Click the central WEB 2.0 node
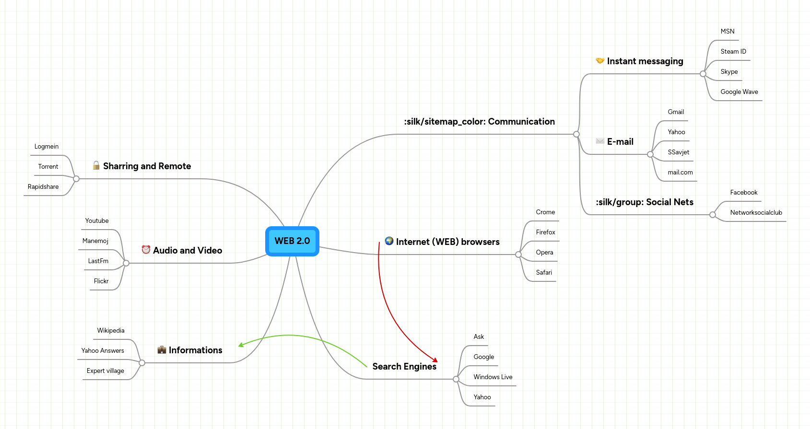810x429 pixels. (292, 241)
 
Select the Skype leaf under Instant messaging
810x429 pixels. (729, 72)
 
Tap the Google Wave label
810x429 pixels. (739, 92)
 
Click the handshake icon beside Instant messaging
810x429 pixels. (600, 61)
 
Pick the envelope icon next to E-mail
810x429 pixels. (600, 141)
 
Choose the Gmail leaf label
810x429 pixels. (676, 112)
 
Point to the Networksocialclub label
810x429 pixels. (756, 213)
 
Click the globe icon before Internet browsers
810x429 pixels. (389, 241)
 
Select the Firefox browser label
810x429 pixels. (545, 232)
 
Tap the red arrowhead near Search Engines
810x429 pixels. (435, 360)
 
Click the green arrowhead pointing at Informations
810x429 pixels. (241, 345)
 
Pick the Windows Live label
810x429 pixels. (493, 377)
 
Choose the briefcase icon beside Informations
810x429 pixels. (162, 350)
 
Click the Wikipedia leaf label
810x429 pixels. (111, 331)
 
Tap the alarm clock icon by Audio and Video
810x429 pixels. (146, 250)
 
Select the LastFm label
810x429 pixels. (98, 261)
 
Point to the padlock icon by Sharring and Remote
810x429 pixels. (96, 165)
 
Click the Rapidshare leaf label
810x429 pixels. (43, 187)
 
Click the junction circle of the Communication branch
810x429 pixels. (576, 134)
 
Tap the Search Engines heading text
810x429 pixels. (404, 367)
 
